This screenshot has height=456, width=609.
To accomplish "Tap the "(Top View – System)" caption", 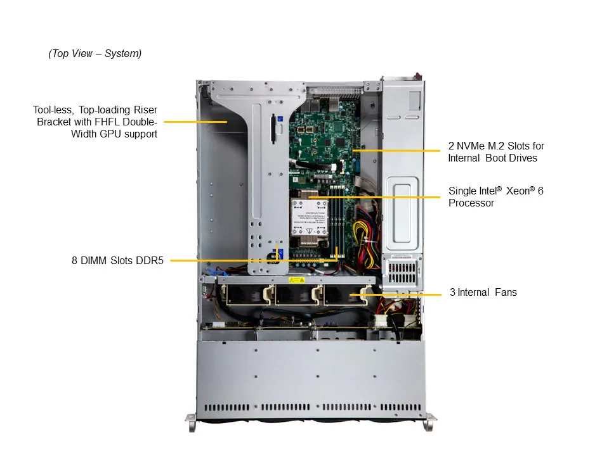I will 95,54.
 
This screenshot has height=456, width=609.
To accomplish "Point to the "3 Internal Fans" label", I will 483,293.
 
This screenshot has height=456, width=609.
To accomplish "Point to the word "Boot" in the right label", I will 495,158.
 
